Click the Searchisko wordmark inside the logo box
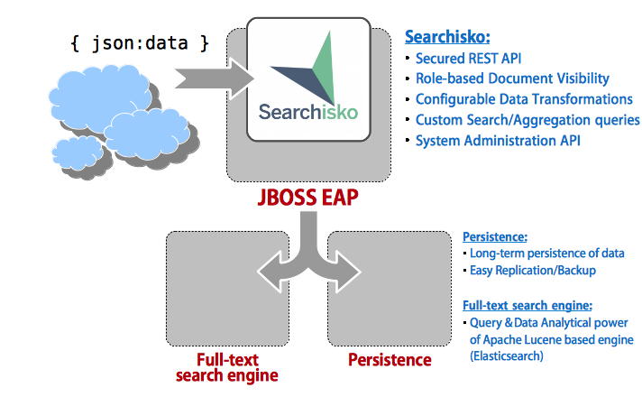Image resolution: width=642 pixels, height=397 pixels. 307,112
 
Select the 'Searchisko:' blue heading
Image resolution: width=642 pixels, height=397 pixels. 447,37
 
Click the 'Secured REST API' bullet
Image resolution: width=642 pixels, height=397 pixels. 467,59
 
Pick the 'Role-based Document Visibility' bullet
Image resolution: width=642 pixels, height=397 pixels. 512,78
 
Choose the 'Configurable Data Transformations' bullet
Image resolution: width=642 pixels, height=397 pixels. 524,99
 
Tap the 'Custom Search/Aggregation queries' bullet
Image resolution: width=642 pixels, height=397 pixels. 527,120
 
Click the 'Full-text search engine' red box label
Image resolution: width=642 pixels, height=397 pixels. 225,368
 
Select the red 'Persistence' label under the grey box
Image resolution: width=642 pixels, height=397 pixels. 390,360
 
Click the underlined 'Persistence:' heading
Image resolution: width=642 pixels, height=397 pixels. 495,237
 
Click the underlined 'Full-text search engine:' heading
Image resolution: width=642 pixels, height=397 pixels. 527,305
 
